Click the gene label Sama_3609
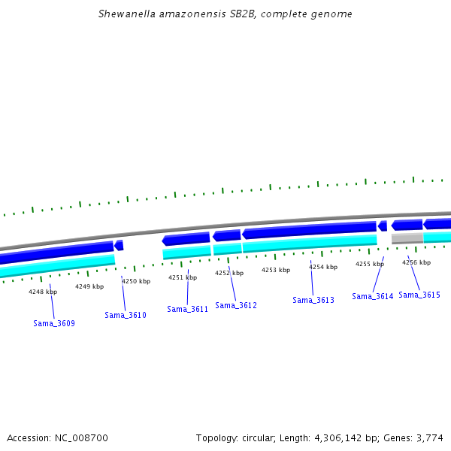click(x=54, y=323)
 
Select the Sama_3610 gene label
click(x=126, y=315)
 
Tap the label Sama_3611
click(x=187, y=309)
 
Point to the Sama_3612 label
click(x=236, y=305)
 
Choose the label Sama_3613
click(x=313, y=300)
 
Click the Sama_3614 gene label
click(x=373, y=296)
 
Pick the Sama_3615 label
click(x=419, y=295)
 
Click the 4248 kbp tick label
click(x=43, y=292)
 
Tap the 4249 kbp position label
click(x=89, y=286)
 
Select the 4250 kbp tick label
click(x=136, y=281)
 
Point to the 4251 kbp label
click(x=183, y=277)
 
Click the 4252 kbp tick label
click(x=229, y=273)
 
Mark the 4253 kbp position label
click(x=276, y=269)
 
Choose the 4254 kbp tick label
click(x=323, y=266)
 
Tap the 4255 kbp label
click(x=370, y=264)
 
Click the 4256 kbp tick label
click(x=416, y=262)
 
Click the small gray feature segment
click(x=407, y=238)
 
